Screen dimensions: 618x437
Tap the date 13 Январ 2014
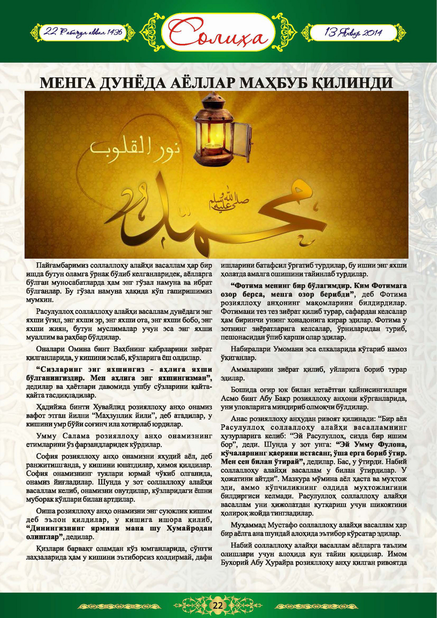click(x=353, y=32)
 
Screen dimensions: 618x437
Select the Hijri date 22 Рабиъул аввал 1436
click(x=83, y=32)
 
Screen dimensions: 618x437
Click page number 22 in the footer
click(x=218, y=605)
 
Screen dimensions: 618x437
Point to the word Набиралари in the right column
click(x=250, y=349)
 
